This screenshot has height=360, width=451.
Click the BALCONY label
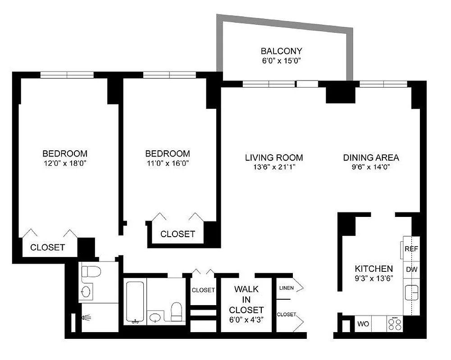pyautogui.click(x=281, y=51)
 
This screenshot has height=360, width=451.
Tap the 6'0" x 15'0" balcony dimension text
pyautogui.click(x=281, y=61)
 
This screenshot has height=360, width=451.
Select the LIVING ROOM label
pyautogui.click(x=274, y=157)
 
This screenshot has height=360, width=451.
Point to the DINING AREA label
pyautogui.click(x=371, y=157)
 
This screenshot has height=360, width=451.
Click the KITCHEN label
pyautogui.click(x=373, y=268)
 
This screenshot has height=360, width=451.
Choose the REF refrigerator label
pyautogui.click(x=411, y=249)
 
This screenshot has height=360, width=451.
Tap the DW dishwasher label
pyautogui.click(x=411, y=269)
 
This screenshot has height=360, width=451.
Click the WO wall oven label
pyautogui.click(x=363, y=324)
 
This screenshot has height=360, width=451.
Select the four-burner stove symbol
pyautogui.click(x=395, y=324)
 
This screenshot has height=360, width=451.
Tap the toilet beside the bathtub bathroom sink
pyautogui.click(x=177, y=311)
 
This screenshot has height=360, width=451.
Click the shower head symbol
pyautogui.click(x=85, y=318)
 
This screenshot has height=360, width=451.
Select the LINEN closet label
pyautogui.click(x=287, y=288)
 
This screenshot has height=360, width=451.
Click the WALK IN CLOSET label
pyautogui.click(x=246, y=299)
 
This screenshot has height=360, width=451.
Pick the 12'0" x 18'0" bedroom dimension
pyautogui.click(x=64, y=163)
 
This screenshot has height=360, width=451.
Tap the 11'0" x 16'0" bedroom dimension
pyautogui.click(x=167, y=163)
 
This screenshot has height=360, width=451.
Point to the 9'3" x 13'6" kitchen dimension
pyautogui.click(x=373, y=278)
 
